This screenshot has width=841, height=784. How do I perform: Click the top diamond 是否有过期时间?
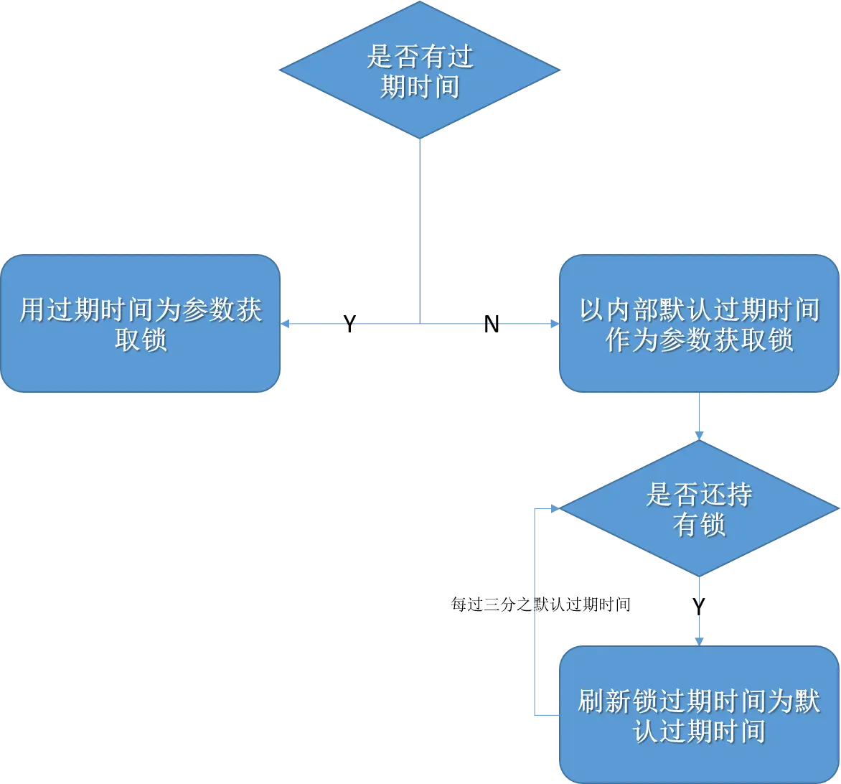tap(419, 70)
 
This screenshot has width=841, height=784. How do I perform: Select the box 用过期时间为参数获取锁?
tap(140, 323)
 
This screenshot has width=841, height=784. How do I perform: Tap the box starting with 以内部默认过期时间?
tap(698, 323)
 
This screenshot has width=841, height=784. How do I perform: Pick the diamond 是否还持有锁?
tap(698, 508)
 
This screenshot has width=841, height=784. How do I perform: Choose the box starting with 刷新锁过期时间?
tap(698, 714)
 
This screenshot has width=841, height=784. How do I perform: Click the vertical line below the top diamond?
tap(421, 230)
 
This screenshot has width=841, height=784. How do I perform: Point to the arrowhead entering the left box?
tap(286, 325)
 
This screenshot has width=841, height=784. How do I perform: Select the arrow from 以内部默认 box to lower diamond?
tap(699, 416)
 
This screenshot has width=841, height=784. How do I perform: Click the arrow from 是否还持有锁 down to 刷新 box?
tap(698, 610)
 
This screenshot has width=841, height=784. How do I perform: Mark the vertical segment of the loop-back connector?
tap(536, 610)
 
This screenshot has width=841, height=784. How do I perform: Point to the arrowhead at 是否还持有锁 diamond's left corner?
tap(555, 508)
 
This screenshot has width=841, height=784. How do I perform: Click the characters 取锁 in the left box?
tap(141, 340)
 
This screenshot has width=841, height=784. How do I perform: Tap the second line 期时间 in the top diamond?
tap(420, 88)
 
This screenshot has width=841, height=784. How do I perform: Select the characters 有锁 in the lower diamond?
tap(698, 525)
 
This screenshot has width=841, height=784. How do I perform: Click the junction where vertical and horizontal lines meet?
tap(421, 325)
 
